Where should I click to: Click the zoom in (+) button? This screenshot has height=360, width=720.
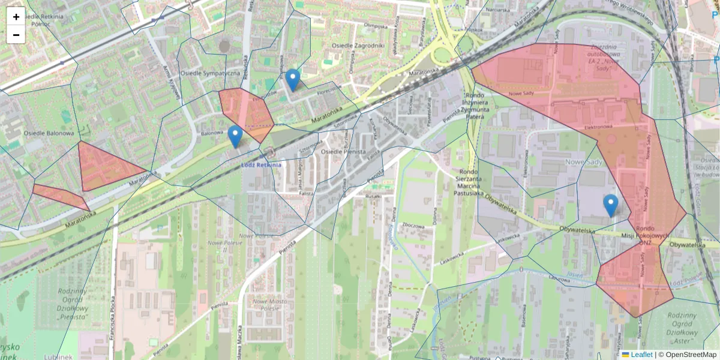[16, 17]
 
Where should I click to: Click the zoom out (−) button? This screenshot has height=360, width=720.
[16, 35]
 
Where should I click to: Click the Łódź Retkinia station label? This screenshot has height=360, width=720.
[261, 164]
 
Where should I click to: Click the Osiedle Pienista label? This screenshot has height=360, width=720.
[343, 152]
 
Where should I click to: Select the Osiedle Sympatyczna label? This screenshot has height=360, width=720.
[211, 73]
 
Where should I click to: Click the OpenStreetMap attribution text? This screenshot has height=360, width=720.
[687, 355]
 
